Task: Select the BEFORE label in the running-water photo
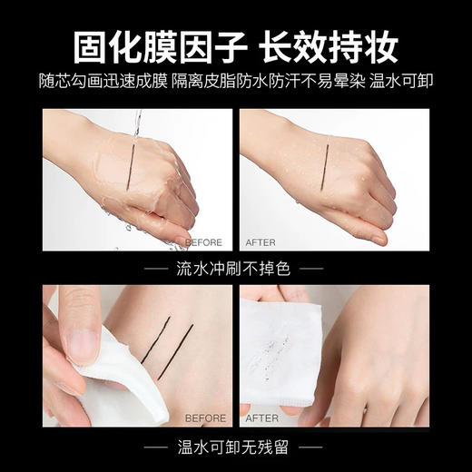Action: coord(203,242)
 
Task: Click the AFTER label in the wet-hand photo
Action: coord(261,242)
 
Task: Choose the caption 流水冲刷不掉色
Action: coord(235,269)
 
